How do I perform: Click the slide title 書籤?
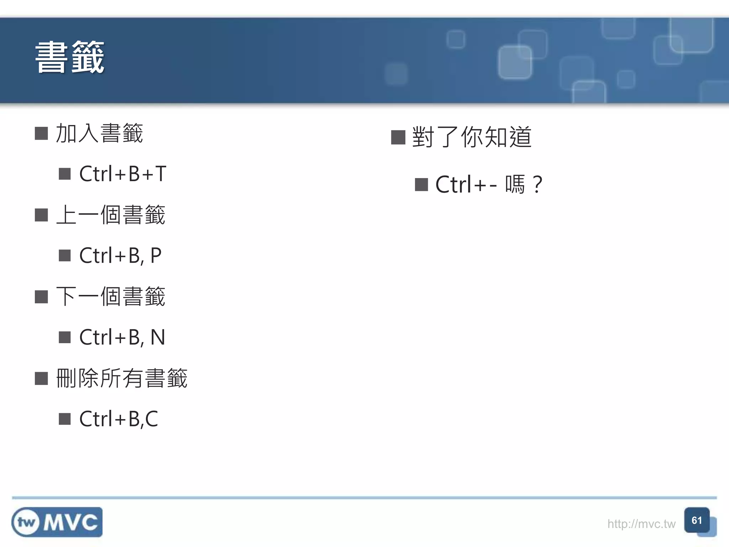pyautogui.click(x=70, y=57)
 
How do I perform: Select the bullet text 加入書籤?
pyautogui.click(x=99, y=134)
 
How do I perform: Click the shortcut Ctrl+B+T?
pyautogui.click(x=122, y=174)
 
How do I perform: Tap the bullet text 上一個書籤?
pyautogui.click(x=110, y=215)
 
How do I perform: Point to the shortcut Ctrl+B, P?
pyautogui.click(x=120, y=256)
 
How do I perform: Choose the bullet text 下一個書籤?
pyautogui.click(x=110, y=296)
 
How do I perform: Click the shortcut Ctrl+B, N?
pyautogui.click(x=122, y=337)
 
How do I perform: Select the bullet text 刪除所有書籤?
pyautogui.click(x=122, y=378)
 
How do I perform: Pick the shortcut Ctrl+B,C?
pyautogui.click(x=119, y=419)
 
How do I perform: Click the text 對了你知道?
pyautogui.click(x=472, y=137)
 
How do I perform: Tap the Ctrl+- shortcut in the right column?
pyautogui.click(x=466, y=185)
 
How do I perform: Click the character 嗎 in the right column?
pyautogui.click(x=515, y=185)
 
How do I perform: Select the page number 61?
pyautogui.click(x=697, y=521)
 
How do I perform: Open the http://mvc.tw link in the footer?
pyautogui.click(x=641, y=524)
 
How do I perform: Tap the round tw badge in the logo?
pyautogui.click(x=26, y=522)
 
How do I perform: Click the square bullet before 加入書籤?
pyautogui.click(x=41, y=134)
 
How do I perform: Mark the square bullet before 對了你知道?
pyautogui.click(x=398, y=137)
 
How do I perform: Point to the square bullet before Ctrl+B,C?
pyautogui.click(x=65, y=419)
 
